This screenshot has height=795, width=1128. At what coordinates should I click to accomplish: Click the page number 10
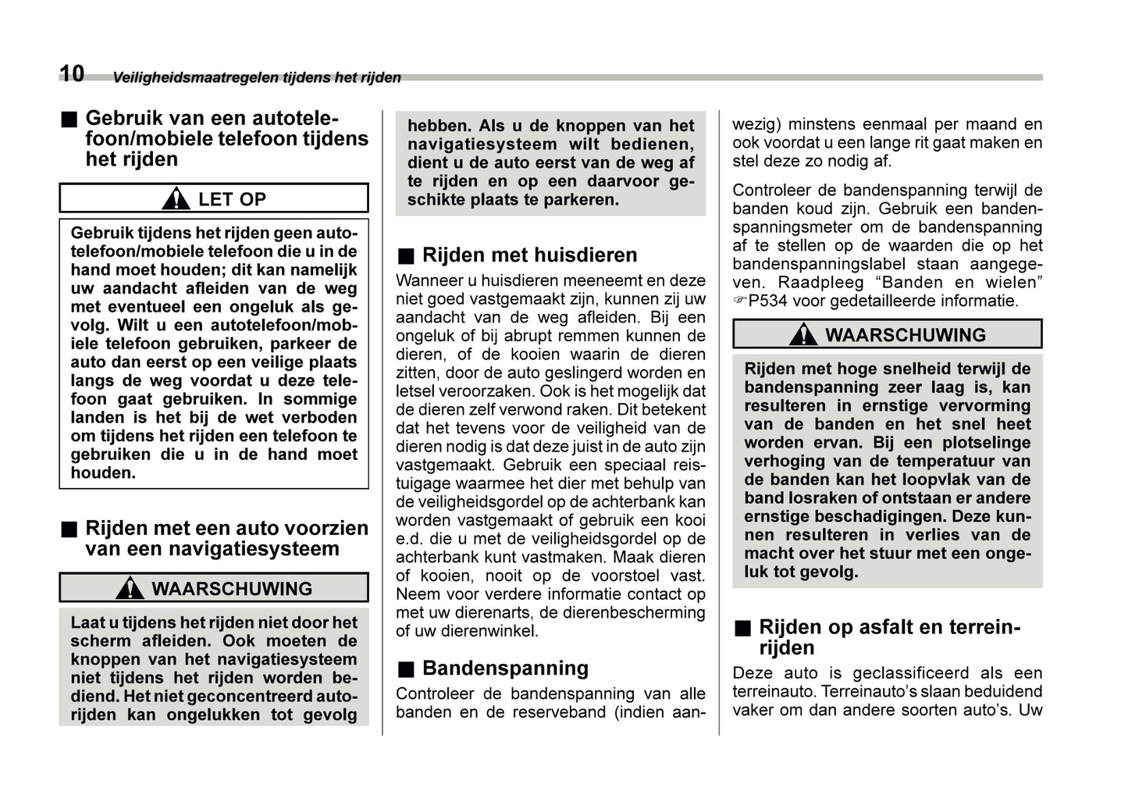pos(72,73)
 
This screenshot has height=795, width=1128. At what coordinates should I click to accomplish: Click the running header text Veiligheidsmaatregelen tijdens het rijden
pos(256,77)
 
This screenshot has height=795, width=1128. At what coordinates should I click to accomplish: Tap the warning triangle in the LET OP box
pos(176,199)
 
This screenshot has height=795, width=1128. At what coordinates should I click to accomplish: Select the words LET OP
pos(232,199)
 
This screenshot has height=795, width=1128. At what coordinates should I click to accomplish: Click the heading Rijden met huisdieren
pos(529,255)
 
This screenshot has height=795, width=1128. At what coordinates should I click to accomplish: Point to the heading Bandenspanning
pos(505,668)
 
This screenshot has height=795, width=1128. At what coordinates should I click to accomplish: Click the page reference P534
pos(768,301)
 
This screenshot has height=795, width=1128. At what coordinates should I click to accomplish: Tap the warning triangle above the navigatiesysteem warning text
pos(130,589)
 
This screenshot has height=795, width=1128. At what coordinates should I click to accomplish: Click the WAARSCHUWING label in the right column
pos(906,335)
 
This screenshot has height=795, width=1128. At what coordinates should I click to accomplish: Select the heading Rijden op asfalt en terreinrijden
pos(889,637)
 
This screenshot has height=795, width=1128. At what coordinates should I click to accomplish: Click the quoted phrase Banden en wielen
pos(959,283)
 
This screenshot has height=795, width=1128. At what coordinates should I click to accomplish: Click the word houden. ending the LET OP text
pos(103,473)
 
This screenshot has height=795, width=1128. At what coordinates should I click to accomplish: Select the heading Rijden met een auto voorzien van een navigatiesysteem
pos(226,539)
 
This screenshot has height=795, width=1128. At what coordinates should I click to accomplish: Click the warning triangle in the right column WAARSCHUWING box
pos(802,335)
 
